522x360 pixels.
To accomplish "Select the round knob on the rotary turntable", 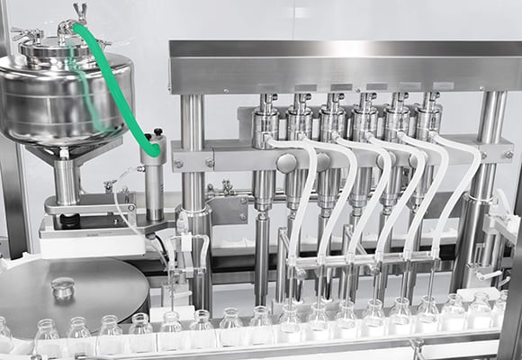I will pyautogui.click(x=62, y=288).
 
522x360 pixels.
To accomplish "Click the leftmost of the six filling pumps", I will pyautogui.click(x=265, y=121).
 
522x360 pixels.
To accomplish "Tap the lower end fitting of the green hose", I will pyautogui.click(x=154, y=147).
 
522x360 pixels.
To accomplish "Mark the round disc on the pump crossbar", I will pyautogui.click(x=287, y=163).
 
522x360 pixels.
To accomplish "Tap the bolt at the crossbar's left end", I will pyautogui.click(x=179, y=163).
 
